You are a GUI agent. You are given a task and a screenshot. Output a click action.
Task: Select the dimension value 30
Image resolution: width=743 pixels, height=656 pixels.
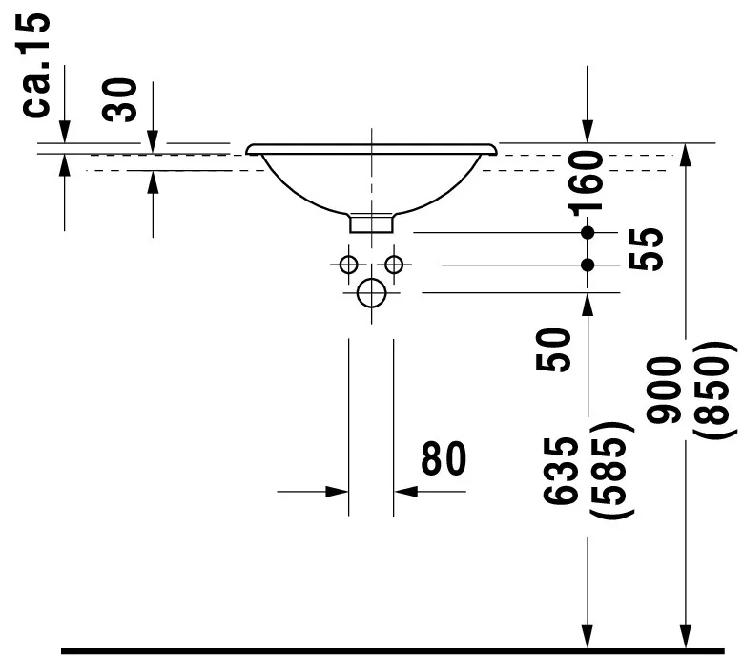(119, 99)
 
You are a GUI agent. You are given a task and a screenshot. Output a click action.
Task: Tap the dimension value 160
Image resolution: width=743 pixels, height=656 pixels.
(587, 182)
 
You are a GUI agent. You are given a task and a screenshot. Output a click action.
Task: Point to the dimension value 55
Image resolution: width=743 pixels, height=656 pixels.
(646, 249)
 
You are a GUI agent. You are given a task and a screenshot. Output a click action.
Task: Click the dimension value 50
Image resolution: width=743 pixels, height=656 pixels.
(553, 350)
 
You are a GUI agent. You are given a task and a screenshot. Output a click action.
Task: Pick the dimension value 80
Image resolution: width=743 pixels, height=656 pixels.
(444, 458)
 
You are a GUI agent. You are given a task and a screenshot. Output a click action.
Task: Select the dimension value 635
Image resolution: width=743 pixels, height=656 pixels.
(561, 471)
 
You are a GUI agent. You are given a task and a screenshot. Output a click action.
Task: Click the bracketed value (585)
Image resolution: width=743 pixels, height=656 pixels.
(611, 471)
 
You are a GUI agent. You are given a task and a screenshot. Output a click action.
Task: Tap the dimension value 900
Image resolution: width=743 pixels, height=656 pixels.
(664, 390)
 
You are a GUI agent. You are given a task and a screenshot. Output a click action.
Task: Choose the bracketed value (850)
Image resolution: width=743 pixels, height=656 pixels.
(714, 390)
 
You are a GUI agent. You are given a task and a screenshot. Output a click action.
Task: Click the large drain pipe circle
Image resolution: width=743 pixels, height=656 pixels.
(372, 293)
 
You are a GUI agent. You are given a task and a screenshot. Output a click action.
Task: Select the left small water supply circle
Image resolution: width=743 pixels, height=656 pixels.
(349, 265)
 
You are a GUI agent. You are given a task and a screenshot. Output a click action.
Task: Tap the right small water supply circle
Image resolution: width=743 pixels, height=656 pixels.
(394, 265)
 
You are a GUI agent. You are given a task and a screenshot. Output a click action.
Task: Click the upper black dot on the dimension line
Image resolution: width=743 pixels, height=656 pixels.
(588, 232)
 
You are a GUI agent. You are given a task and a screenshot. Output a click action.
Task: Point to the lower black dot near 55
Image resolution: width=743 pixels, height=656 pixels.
(588, 265)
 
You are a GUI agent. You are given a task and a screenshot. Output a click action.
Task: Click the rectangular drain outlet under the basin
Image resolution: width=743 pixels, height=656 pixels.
(372, 223)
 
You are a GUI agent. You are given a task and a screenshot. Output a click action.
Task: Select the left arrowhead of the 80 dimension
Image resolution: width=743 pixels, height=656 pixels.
(337, 492)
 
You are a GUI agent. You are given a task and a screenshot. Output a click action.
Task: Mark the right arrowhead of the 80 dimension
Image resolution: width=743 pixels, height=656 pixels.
(405, 492)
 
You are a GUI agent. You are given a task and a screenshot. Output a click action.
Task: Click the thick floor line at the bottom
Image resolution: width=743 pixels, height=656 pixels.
(393, 651)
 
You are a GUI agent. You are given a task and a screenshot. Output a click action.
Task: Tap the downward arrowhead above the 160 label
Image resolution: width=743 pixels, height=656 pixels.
(588, 131)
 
